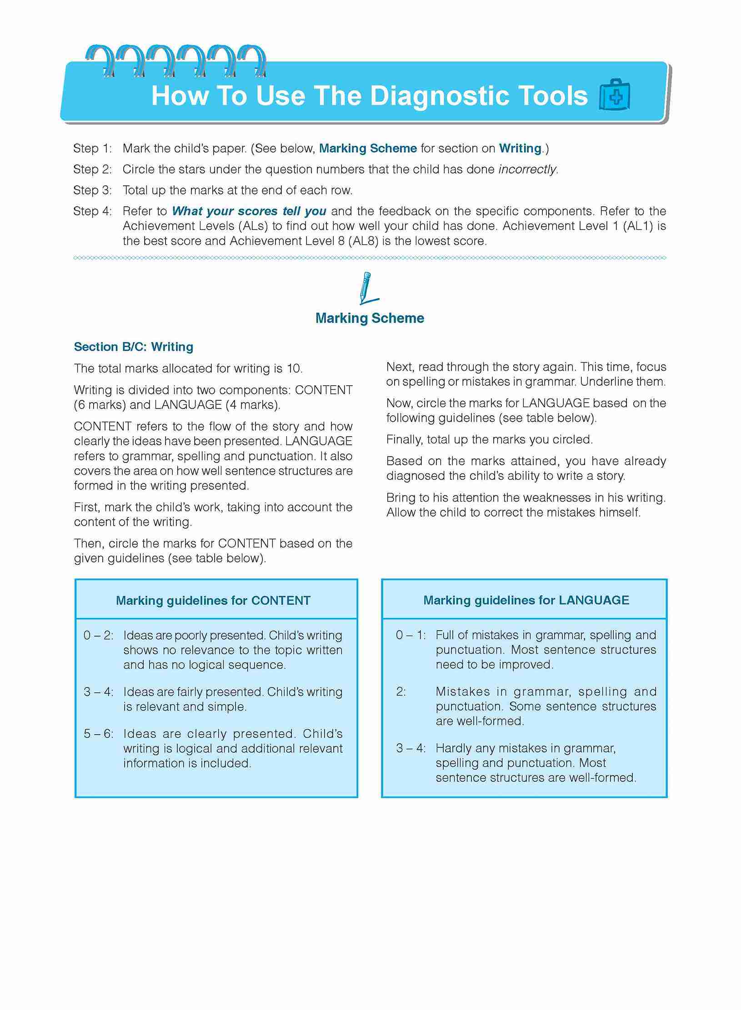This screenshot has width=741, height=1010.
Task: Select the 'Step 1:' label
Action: [92, 149]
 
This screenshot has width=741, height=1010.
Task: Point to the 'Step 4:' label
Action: [92, 211]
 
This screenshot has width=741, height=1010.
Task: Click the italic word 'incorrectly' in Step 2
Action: [527, 169]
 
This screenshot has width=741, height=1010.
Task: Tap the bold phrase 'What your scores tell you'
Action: [249, 211]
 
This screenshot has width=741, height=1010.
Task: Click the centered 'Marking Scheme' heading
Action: [370, 318]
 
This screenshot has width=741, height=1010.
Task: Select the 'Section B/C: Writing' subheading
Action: [133, 347]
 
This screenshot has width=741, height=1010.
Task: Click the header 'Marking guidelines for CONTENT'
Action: [213, 601]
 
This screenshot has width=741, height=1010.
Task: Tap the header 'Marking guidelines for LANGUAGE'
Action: [526, 600]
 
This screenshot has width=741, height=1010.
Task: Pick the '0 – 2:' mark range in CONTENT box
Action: [98, 635]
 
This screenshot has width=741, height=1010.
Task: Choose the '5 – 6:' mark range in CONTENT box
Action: [98, 734]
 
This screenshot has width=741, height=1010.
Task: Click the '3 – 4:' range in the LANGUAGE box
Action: [411, 748]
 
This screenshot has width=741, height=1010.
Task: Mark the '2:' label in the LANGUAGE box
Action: [401, 692]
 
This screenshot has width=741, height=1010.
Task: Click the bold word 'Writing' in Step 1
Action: [520, 149]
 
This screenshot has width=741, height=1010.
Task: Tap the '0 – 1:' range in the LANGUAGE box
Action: [411, 635]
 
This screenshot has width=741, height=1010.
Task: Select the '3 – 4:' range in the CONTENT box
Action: [98, 692]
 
